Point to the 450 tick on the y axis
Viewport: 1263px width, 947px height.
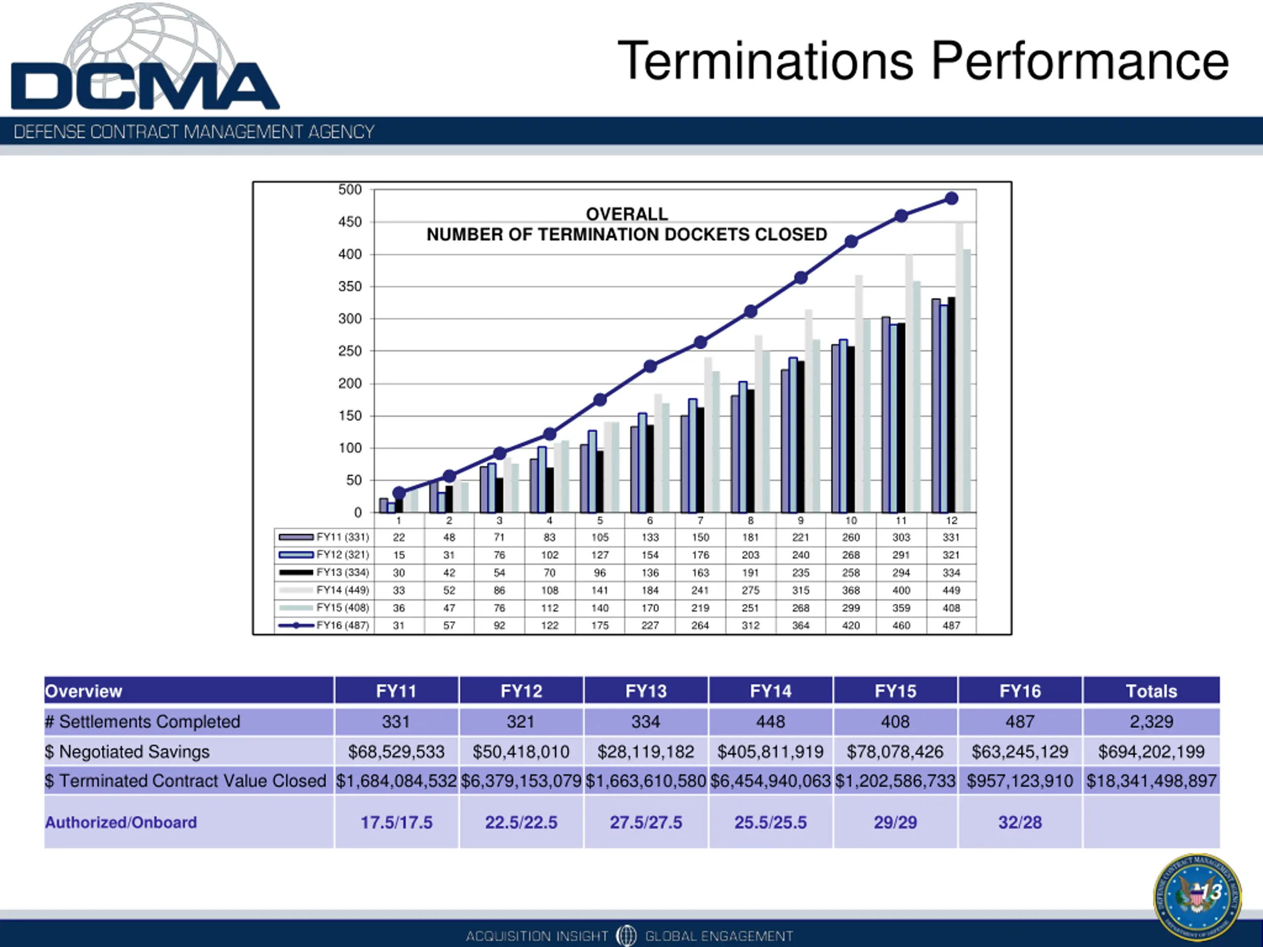click(350, 222)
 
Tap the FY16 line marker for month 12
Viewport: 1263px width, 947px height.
click(951, 199)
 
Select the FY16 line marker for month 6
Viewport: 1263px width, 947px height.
click(650, 366)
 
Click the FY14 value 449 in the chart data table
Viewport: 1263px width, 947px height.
click(951, 590)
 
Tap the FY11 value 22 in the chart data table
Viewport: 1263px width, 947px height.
click(399, 538)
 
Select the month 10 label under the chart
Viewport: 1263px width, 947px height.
click(851, 520)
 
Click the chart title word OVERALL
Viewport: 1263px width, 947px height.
click(627, 214)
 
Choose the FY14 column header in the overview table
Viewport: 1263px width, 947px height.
click(770, 692)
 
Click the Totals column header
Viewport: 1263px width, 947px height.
click(1151, 692)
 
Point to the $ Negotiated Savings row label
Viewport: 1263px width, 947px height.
click(127, 752)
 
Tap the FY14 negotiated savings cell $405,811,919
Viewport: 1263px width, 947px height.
click(770, 752)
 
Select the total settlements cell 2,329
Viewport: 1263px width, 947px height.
click(1151, 722)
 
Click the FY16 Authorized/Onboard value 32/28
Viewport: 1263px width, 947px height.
click(1020, 823)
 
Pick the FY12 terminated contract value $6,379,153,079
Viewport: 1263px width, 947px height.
click(520, 781)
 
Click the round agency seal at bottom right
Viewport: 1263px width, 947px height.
click(1197, 897)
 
